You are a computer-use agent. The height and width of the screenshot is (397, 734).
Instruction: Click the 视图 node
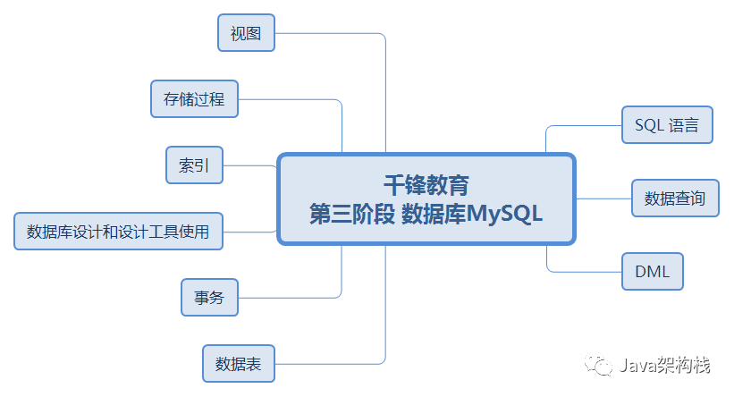pyautogui.click(x=246, y=33)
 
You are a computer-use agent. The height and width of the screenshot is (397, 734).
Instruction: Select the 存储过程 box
pyautogui.click(x=194, y=99)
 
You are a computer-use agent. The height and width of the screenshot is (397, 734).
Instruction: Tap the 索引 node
pyautogui.click(x=194, y=165)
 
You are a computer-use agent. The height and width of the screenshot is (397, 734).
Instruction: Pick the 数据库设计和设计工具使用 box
pyautogui.click(x=118, y=232)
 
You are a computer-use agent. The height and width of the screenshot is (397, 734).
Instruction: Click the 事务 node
pyautogui.click(x=209, y=298)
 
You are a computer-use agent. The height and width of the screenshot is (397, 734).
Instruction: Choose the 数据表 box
pyautogui.click(x=238, y=364)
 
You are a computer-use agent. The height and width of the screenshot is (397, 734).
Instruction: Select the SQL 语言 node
pyautogui.click(x=667, y=125)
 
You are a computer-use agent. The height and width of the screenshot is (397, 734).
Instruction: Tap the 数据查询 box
pyautogui.click(x=675, y=198)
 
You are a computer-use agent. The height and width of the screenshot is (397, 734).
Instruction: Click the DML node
pyautogui.click(x=653, y=271)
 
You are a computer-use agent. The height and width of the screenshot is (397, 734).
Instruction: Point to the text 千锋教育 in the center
pyautogui.click(x=426, y=184)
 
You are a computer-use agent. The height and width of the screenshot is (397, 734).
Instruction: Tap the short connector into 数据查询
pyautogui.click(x=603, y=198)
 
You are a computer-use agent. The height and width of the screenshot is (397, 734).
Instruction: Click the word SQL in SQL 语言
pyautogui.click(x=650, y=125)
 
